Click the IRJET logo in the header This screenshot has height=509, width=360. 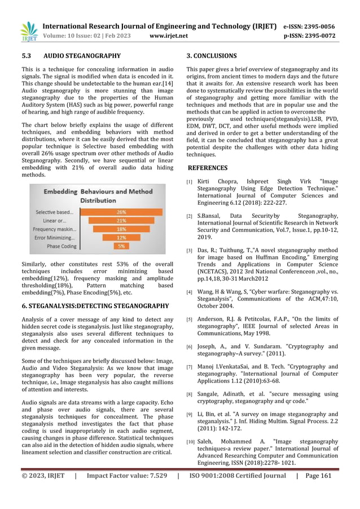pyautogui.click(x=29, y=31)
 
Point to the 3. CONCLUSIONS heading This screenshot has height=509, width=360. pyautogui.click(x=212, y=56)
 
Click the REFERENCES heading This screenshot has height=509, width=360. pyautogui.click(x=208, y=168)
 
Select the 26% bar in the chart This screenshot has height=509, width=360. pyautogui.click(x=121, y=212)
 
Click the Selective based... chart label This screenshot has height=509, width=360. pyautogui.click(x=54, y=212)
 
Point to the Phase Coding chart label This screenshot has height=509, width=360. pyautogui.click(x=62, y=246)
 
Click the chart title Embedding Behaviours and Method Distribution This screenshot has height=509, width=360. pyautogui.click(x=97, y=195)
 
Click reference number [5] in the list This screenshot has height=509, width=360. pyautogui.click(x=190, y=319)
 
